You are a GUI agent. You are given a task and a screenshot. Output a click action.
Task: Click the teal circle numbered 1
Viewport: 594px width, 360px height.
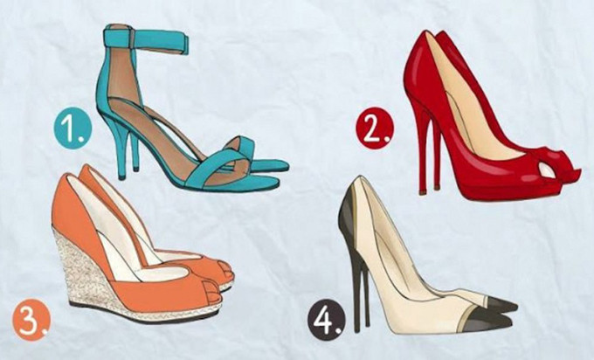click(73, 128)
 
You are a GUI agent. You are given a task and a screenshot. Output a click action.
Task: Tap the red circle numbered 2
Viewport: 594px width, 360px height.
click(375, 128)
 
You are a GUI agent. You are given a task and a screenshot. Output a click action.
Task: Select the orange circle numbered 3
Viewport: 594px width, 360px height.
click(31, 319)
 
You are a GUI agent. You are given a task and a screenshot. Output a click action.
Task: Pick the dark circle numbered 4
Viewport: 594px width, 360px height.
click(327, 321)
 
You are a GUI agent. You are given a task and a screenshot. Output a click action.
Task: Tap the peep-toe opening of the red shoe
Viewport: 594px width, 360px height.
click(547, 170)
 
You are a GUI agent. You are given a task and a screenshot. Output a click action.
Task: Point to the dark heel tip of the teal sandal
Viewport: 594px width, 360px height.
click(121, 177)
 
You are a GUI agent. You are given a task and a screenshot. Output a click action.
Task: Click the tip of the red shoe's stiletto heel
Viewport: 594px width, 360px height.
click(423, 191)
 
